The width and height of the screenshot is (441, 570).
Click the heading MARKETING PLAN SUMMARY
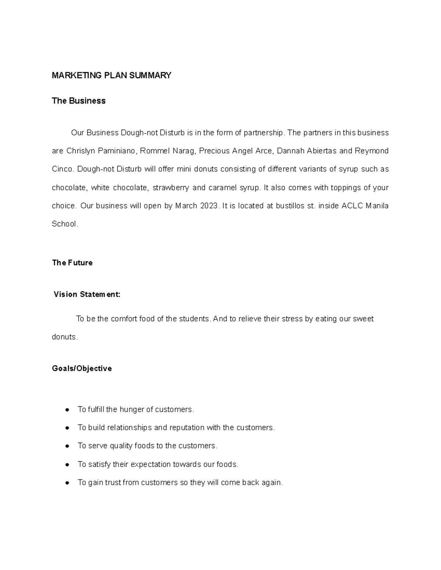[111, 76]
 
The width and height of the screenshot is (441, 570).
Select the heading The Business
[79, 101]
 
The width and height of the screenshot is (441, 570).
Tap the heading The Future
[72, 263]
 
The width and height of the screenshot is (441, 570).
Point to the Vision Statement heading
[87, 294]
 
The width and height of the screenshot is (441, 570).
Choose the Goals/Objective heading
[82, 368]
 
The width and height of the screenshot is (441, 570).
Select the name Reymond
[371, 151]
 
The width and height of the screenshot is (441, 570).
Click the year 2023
[209, 206]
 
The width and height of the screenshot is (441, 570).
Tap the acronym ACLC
[352, 206]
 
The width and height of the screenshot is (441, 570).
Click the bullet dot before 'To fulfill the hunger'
[67, 410]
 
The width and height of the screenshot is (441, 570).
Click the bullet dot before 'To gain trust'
[67, 483]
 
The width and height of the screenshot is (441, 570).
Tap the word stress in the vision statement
[292, 319]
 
